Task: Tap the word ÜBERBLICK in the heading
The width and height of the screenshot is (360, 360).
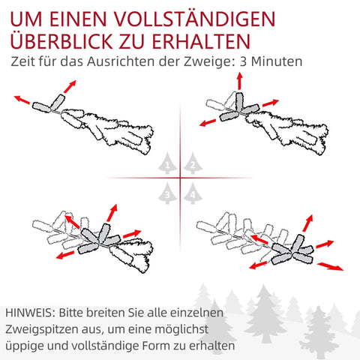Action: tap(61, 40)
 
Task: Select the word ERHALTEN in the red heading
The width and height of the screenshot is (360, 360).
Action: tap(201, 41)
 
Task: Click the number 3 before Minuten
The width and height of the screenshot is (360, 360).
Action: tap(243, 61)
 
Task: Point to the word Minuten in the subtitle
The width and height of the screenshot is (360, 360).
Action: tap(277, 61)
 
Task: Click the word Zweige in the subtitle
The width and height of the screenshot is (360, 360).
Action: tap(210, 62)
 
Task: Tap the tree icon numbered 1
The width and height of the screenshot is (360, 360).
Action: tap(167, 163)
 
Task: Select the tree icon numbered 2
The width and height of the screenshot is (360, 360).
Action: tap(193, 163)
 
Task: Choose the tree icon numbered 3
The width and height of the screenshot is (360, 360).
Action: tap(167, 193)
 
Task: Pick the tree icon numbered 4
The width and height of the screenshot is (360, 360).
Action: tap(193, 193)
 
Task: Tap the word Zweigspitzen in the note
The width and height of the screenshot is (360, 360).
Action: tap(41, 330)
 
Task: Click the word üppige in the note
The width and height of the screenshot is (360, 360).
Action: tap(21, 346)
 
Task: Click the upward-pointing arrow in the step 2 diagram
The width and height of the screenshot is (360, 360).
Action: tap(240, 81)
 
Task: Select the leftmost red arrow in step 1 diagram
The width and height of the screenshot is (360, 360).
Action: tap(22, 100)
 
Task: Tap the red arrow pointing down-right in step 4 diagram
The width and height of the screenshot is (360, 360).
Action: tap(331, 266)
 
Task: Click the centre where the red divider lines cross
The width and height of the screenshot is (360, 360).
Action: tap(180, 178)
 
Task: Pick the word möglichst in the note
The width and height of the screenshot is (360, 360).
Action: tap(181, 330)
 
